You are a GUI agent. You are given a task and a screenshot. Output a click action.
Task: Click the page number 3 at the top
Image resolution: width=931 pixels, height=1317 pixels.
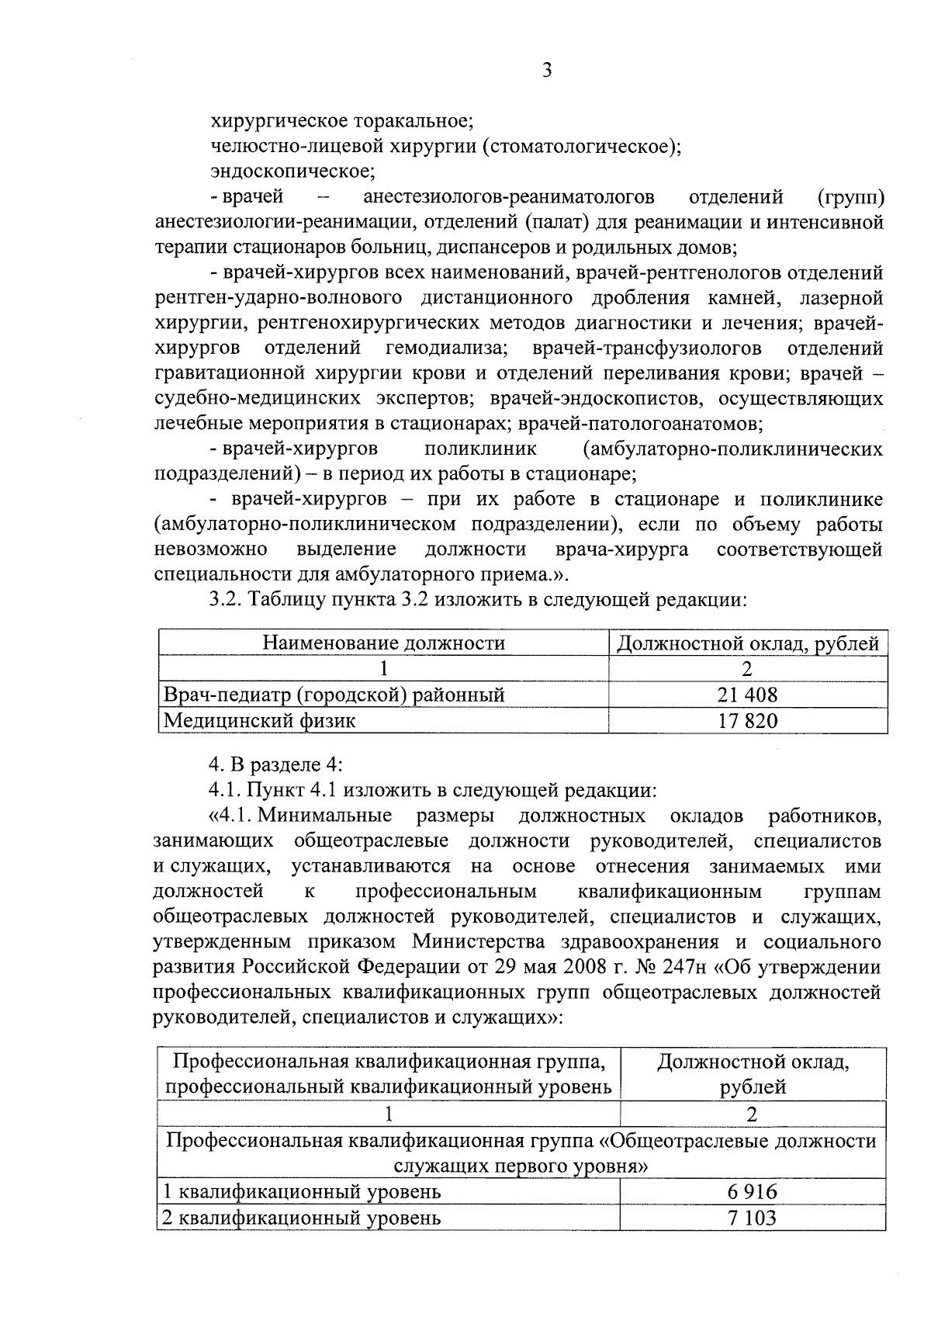coord(546,71)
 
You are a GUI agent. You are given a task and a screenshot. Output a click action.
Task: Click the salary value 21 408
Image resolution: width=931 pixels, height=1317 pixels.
coord(747,695)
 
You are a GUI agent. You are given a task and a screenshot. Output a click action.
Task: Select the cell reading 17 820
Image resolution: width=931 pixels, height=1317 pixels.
coord(747,721)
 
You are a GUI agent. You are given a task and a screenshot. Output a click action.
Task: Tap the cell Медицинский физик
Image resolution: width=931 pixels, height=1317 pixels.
coord(259,721)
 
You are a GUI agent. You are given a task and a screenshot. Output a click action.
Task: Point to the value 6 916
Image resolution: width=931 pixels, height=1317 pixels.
coord(752,1191)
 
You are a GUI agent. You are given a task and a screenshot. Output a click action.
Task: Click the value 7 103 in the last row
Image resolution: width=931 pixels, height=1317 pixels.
coord(752,1218)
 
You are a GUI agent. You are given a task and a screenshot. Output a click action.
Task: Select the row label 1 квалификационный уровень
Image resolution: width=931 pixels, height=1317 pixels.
coord(302,1191)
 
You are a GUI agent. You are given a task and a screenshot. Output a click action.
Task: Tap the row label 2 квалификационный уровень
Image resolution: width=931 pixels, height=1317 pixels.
coord(302,1218)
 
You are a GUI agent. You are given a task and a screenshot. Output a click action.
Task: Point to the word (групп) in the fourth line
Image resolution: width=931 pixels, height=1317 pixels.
coord(850,196)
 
